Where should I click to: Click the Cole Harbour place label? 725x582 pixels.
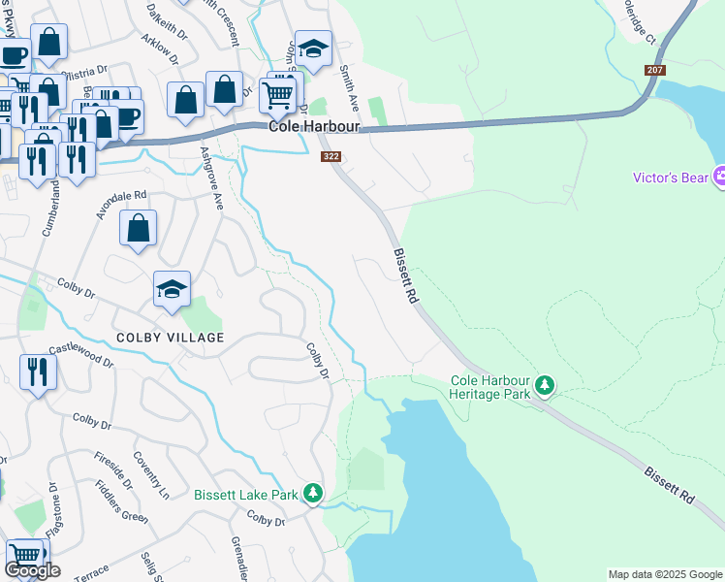(x=314, y=127)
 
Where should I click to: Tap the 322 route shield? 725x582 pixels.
(x=331, y=156)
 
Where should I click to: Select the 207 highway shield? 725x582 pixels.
(x=654, y=71)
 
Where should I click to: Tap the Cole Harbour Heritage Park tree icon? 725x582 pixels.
(x=545, y=386)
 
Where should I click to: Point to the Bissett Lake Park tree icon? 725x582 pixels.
(x=312, y=494)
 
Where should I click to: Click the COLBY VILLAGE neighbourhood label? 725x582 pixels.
(x=170, y=338)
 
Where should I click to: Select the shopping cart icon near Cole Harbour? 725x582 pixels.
(x=278, y=93)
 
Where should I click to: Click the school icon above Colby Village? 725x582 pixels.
(x=172, y=289)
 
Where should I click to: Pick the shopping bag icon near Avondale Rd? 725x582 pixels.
(x=139, y=229)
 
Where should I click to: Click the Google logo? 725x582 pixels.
(x=32, y=570)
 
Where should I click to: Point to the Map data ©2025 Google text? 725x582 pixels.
(x=665, y=574)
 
